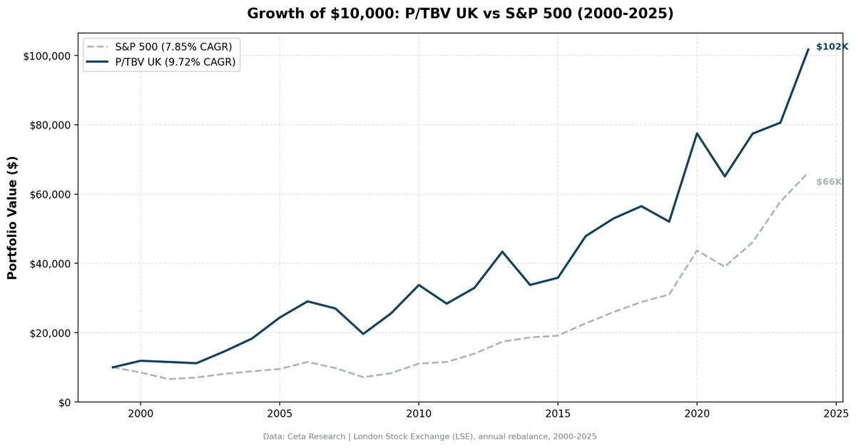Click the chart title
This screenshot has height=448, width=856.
(460, 14)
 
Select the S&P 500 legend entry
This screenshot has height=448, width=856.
(159, 47)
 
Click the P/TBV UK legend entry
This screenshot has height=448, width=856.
(161, 62)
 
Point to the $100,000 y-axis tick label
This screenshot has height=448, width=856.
(47, 56)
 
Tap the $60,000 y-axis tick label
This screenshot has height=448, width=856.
(50, 195)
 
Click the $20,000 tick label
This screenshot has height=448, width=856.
(50, 334)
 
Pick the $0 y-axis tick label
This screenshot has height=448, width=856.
(65, 403)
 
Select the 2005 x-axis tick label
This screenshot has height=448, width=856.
(280, 414)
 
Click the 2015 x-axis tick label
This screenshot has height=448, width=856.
(558, 414)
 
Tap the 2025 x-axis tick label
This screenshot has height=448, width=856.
(836, 414)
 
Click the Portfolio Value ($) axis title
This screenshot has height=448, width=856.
(12, 218)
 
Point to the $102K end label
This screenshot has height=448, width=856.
(832, 47)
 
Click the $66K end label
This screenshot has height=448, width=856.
(829, 182)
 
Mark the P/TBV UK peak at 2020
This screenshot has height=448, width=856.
(697, 133)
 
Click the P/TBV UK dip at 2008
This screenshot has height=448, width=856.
(363, 334)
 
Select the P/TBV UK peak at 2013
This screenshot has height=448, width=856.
(502, 252)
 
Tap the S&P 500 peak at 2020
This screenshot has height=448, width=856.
(697, 250)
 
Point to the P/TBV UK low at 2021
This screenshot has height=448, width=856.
(725, 177)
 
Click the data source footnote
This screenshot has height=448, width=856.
(429, 437)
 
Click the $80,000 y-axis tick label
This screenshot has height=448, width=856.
(50, 126)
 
